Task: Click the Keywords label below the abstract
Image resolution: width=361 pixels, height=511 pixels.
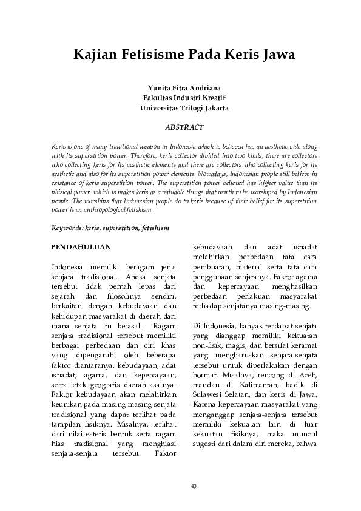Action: click(x=67, y=228)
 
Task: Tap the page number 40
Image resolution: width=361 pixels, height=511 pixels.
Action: click(x=193, y=486)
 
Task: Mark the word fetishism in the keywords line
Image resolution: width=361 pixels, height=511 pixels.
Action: click(x=154, y=228)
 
